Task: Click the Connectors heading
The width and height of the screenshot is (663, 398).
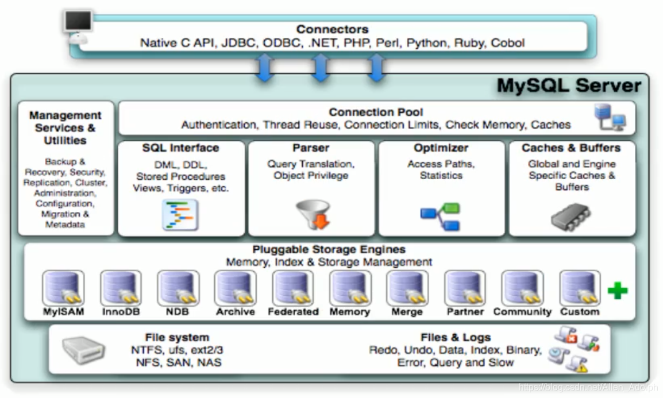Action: coord(332,29)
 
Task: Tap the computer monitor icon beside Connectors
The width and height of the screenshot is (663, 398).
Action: coord(78,24)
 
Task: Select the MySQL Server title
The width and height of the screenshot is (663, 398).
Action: coord(569,86)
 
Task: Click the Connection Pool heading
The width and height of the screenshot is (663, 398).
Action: coord(376,112)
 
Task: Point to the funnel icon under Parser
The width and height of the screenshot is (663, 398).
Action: coord(313,214)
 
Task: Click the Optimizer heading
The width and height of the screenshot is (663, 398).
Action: coord(441,148)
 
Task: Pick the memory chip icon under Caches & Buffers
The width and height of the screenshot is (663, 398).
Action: coord(572,217)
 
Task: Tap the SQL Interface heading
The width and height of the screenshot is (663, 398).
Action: coord(180,148)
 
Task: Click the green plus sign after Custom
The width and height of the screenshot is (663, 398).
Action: coord(618,291)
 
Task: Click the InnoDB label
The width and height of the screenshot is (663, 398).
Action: coord(121,312)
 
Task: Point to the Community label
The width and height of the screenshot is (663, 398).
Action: coord(522,312)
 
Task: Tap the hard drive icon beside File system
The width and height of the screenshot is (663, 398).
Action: coord(83,350)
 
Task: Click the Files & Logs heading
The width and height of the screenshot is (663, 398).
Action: coord(456,337)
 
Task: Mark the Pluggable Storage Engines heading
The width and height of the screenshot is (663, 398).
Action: coord(329,250)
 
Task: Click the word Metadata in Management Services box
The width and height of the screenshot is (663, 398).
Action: coord(65,225)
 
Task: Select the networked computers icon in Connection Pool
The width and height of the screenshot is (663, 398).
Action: coord(610,117)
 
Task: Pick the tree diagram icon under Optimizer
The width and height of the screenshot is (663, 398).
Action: coord(440,217)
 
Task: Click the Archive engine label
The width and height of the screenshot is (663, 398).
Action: coord(235,312)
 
